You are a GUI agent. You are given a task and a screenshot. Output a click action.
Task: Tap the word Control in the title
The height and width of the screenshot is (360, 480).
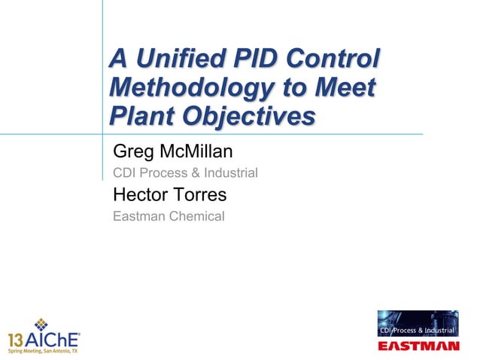[331, 59]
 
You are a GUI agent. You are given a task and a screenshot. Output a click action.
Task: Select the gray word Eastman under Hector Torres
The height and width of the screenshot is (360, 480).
[138, 217]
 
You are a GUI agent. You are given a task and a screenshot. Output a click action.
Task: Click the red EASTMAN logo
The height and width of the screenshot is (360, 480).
[418, 346]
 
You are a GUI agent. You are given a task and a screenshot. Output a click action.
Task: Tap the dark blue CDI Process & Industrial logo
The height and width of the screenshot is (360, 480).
[418, 325]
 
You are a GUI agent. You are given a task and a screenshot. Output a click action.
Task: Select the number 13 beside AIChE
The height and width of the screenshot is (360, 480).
[17, 338]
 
